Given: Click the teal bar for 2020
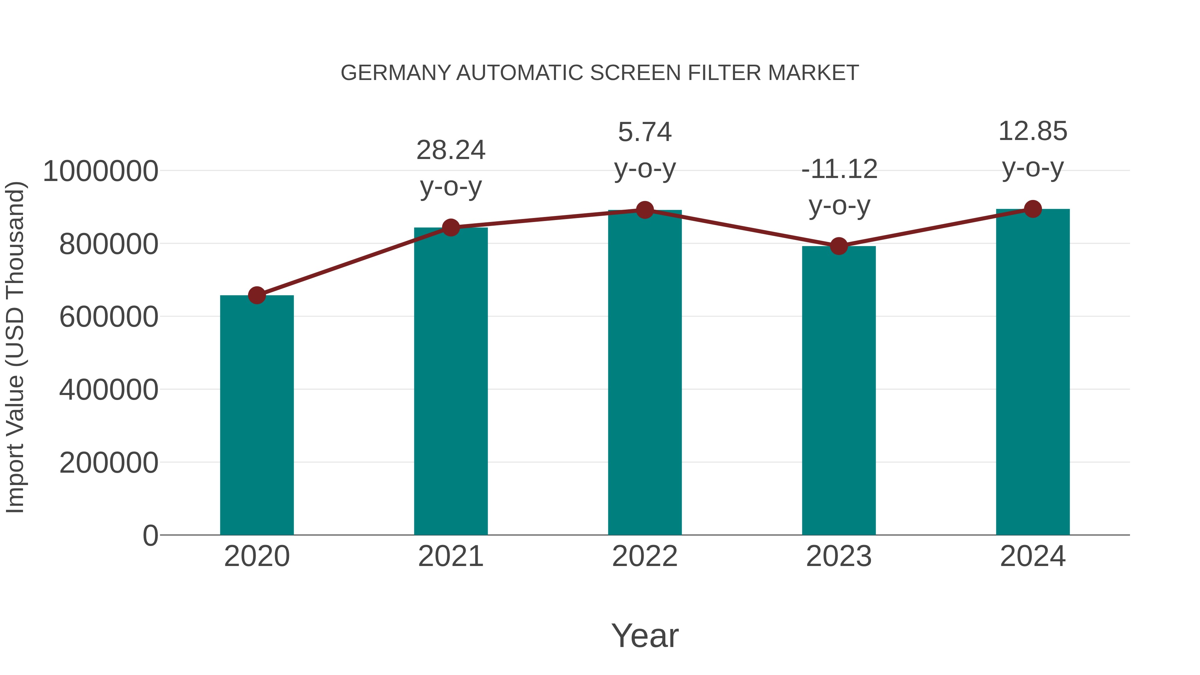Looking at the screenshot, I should pyautogui.click(x=257, y=415).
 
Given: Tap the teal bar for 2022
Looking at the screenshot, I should pyautogui.click(x=645, y=372).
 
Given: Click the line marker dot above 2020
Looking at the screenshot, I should pyautogui.click(x=257, y=295).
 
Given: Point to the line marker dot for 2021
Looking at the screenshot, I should pyautogui.click(x=450, y=228).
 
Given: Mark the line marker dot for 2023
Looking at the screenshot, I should pyautogui.click(x=839, y=246).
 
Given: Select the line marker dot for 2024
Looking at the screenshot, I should pyautogui.click(x=1033, y=209).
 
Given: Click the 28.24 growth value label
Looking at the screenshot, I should pyautogui.click(x=450, y=150).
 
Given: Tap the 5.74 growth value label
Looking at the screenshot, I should pyautogui.click(x=645, y=132).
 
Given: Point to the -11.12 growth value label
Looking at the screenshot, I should pyautogui.click(x=839, y=169).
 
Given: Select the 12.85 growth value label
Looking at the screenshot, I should pyautogui.click(x=1033, y=131).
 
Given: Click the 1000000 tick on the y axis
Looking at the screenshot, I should pyautogui.click(x=100, y=171).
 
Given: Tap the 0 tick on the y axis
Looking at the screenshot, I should pyautogui.click(x=150, y=535).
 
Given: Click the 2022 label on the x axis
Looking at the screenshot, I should pyautogui.click(x=645, y=556).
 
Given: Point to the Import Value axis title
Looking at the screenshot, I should pyautogui.click(x=15, y=347).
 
